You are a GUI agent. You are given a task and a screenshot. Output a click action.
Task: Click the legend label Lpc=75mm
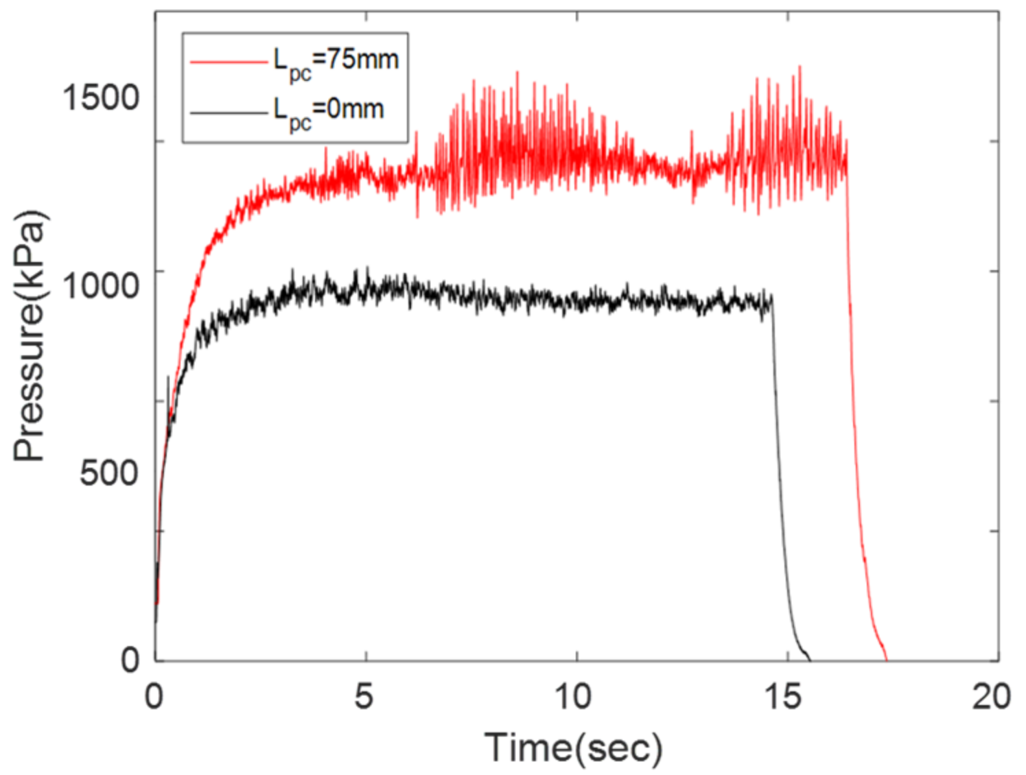336,62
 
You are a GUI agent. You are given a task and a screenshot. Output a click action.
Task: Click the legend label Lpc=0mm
328,111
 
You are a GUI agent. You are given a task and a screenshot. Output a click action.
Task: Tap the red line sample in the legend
228,62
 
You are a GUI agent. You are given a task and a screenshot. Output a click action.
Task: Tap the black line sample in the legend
228,112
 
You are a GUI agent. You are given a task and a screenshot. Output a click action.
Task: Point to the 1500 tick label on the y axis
101,97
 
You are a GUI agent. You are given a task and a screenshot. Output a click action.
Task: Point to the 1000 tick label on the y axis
101,285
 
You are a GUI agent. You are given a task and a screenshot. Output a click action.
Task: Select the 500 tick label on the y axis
109,473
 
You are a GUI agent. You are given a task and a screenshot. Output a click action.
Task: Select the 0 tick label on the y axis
130,659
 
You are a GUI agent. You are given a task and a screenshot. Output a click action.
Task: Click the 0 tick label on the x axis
154,697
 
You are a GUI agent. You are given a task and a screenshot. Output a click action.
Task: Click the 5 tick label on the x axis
364,697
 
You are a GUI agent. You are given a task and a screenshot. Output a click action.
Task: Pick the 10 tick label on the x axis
573,697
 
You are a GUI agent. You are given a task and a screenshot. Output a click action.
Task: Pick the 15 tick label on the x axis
783,697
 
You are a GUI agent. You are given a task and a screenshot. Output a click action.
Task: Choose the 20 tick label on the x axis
992,697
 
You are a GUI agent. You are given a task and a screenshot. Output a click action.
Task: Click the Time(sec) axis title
574,748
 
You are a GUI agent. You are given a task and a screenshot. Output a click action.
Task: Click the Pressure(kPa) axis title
30,336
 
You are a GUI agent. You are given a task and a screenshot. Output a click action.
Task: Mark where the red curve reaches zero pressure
886,660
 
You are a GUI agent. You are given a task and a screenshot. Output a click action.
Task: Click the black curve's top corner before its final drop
773,296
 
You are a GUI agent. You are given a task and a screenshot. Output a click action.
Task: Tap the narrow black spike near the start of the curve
168,377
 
